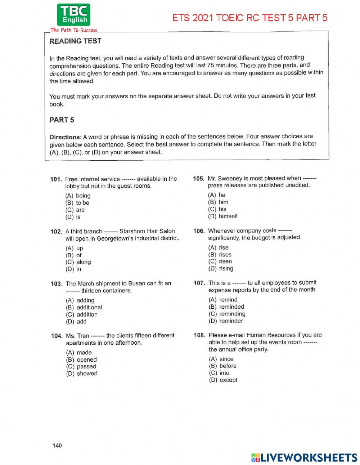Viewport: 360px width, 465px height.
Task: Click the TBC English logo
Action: tap(73, 15)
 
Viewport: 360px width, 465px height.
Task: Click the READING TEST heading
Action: tap(75, 41)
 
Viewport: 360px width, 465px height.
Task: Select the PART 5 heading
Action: tap(62, 120)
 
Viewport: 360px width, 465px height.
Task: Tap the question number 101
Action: tap(57, 179)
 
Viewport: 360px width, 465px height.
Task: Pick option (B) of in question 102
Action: tap(74, 255)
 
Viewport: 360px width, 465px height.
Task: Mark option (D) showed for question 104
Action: tap(82, 374)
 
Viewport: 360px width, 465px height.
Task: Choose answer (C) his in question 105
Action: tap(217, 209)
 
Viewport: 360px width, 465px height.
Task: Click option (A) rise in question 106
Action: tap(219, 247)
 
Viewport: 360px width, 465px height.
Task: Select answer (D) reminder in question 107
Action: tap(226, 321)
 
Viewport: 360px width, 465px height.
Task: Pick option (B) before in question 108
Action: tap(223, 366)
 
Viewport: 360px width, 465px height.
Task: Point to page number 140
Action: tap(57, 446)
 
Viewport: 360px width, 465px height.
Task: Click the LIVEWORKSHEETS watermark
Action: tap(304, 457)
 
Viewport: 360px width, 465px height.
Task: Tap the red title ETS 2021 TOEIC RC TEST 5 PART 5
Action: tap(250, 18)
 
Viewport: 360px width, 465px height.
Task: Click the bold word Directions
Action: tap(66, 137)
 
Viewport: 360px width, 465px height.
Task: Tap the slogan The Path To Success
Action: tap(74, 30)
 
